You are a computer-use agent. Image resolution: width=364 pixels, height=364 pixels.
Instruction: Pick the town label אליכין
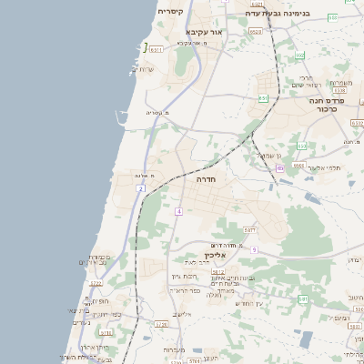click(214, 257)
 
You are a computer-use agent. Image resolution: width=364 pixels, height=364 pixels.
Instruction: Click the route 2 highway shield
click(141, 188)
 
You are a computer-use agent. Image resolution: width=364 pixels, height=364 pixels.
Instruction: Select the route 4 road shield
click(179, 211)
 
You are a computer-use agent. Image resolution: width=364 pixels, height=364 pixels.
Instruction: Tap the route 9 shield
click(255, 249)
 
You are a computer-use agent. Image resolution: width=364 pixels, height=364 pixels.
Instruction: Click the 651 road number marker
click(264, 97)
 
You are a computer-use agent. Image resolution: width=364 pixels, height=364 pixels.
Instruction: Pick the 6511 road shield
click(157, 49)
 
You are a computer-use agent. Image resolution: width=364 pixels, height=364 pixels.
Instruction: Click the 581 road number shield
click(303, 298)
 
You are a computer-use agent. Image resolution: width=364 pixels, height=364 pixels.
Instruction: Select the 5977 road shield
click(250, 230)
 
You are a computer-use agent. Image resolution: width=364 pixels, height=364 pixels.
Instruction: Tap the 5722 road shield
click(96, 283)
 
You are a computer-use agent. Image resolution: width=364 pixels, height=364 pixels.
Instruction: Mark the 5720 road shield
click(162, 323)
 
